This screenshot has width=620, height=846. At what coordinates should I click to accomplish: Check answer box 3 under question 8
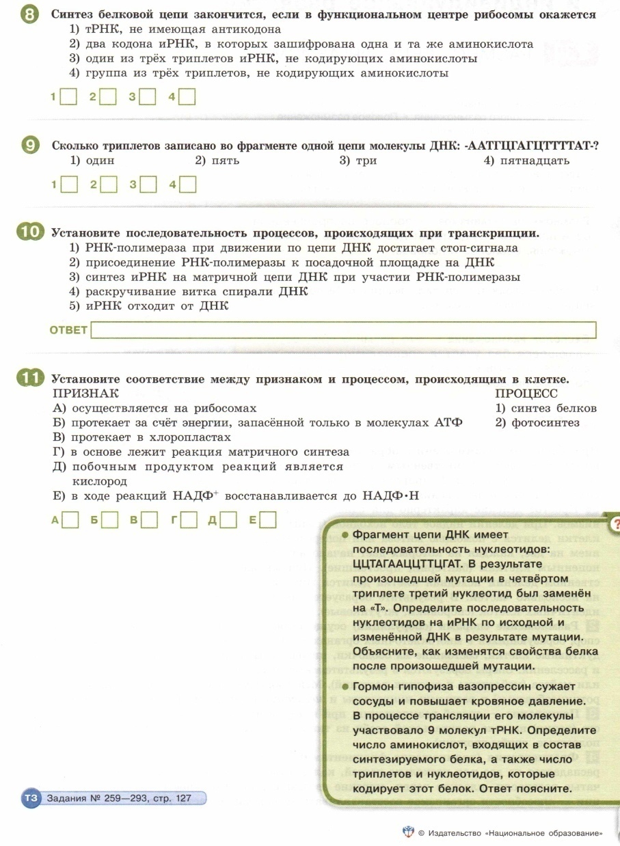pyautogui.click(x=148, y=98)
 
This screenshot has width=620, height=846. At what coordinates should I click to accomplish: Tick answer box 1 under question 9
pyautogui.click(x=68, y=185)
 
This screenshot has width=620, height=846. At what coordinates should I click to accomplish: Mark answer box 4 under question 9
pyautogui.click(x=188, y=185)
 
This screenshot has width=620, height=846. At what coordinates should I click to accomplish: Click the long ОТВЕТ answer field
pyautogui.click(x=343, y=331)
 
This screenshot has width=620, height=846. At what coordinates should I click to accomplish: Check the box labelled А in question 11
pyautogui.click(x=69, y=520)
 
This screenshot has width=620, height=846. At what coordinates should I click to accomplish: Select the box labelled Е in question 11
pyautogui.click(x=267, y=520)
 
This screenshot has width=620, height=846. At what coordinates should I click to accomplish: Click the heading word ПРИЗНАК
pyautogui.click(x=85, y=394)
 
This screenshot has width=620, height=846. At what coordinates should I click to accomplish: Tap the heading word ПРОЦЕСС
pyautogui.click(x=526, y=394)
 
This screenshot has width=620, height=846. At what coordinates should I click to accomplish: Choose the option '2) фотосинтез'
pyautogui.click(x=537, y=422)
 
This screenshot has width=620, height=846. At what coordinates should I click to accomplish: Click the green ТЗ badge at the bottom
pyautogui.click(x=31, y=798)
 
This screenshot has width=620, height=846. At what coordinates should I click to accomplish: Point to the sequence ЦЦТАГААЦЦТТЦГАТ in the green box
pyautogui.click(x=409, y=564)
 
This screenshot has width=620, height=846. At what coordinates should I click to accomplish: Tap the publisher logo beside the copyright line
pyautogui.click(x=408, y=833)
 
